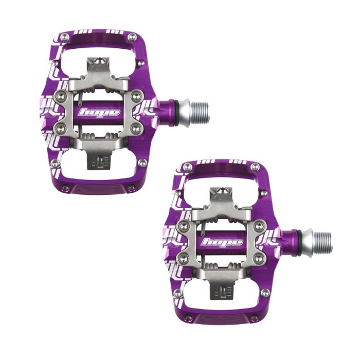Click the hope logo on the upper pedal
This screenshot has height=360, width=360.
[99, 112]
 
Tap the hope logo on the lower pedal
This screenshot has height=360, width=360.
[222, 242]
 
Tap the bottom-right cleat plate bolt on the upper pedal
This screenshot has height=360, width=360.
[136, 129]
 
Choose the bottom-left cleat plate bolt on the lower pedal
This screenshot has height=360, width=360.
[184, 259]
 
